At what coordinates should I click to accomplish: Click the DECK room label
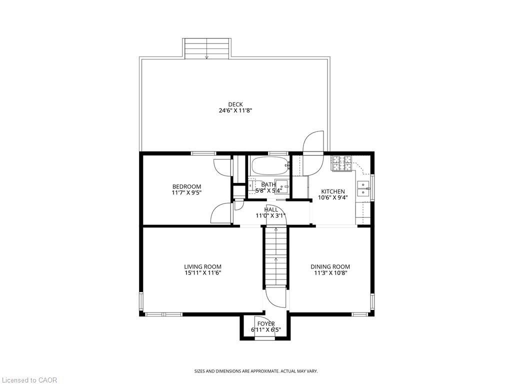coord(235,104)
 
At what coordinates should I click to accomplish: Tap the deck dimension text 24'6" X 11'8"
coord(235,111)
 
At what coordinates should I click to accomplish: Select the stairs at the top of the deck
coord(207,48)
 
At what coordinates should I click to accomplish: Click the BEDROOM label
coord(186,186)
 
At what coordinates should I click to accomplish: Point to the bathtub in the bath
coord(269,164)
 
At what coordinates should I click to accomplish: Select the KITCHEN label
coord(332,191)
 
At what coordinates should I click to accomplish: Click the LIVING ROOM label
coord(202,266)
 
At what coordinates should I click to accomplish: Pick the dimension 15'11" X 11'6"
coord(202,273)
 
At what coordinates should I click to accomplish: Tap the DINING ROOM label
coord(330,266)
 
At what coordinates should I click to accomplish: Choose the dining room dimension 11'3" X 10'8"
coord(330,273)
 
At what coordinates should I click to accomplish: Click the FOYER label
coord(265,324)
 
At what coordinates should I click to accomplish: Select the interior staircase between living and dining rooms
coord(275,255)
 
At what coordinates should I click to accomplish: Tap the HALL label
coord(271,209)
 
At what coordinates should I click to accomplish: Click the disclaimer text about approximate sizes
coord(256,371)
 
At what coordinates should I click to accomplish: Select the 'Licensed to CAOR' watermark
coord(29,380)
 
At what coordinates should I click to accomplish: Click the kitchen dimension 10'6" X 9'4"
coord(332,197)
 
